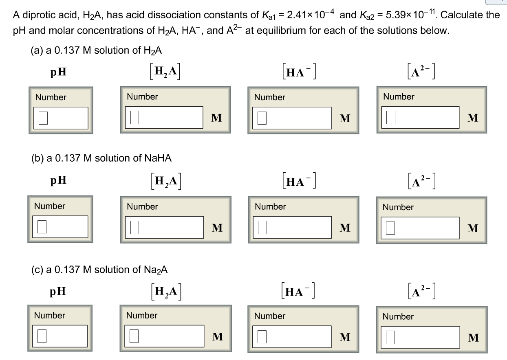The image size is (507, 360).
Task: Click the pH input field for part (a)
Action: [60, 118]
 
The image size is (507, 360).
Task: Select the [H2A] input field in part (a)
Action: [164, 118]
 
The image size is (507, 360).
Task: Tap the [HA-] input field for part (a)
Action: [291, 118]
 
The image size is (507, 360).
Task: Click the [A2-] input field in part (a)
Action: [420, 118]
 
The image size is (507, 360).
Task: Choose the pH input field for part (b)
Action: [60, 227]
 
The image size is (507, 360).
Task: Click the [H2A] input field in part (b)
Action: [164, 227]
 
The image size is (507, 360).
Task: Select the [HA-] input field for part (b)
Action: [291, 227]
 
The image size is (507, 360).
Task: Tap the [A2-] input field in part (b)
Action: [420, 228]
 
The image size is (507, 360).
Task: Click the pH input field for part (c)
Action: [60, 336]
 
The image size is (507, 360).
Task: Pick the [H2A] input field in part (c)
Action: [164, 336]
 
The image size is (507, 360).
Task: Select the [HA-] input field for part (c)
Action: [291, 336]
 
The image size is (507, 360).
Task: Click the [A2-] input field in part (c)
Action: [420, 337]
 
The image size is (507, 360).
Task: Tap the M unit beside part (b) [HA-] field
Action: [345, 228]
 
